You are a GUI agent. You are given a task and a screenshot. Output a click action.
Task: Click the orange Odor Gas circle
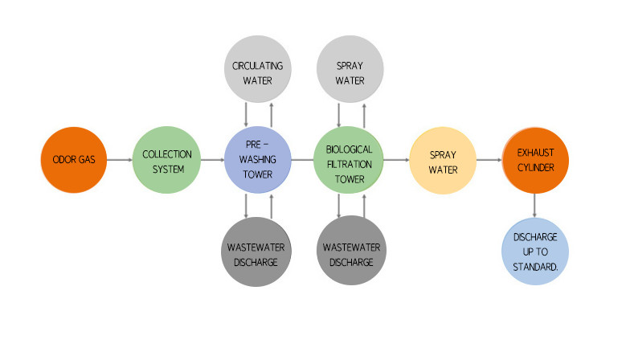point(74,159)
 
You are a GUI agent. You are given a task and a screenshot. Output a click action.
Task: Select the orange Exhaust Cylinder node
point(535,159)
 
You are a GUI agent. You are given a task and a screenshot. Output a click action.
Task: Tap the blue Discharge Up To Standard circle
point(535,251)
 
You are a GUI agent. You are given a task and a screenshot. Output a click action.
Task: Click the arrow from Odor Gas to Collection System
point(120,160)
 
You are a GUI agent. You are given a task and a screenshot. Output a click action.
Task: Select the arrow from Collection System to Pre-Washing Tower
point(212,160)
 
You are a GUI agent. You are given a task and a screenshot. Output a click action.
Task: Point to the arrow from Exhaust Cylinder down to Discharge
point(535,205)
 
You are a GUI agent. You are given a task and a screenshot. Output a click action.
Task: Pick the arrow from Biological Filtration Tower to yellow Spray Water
point(396,160)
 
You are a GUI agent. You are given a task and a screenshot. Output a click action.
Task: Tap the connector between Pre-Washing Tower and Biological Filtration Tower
point(304,160)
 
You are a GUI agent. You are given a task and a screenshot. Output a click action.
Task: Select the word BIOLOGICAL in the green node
point(350,149)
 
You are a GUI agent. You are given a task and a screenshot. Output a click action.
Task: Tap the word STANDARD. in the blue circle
point(535,266)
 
